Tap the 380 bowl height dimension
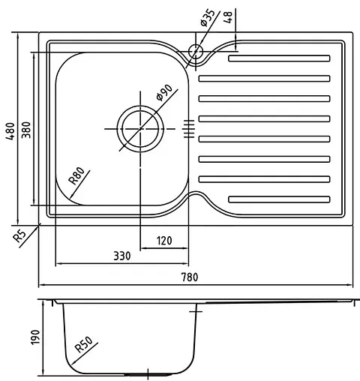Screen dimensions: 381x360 pos(25,128)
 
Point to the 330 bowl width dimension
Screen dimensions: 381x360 pos(121,256)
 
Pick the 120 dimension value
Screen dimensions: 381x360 pos(165,240)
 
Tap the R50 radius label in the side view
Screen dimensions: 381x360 pos(84,346)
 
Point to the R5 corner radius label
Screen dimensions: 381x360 pos(20,236)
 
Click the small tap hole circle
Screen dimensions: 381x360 pos(196,52)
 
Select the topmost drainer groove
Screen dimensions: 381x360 pos(278,58)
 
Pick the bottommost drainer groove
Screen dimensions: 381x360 pos(278,199)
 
